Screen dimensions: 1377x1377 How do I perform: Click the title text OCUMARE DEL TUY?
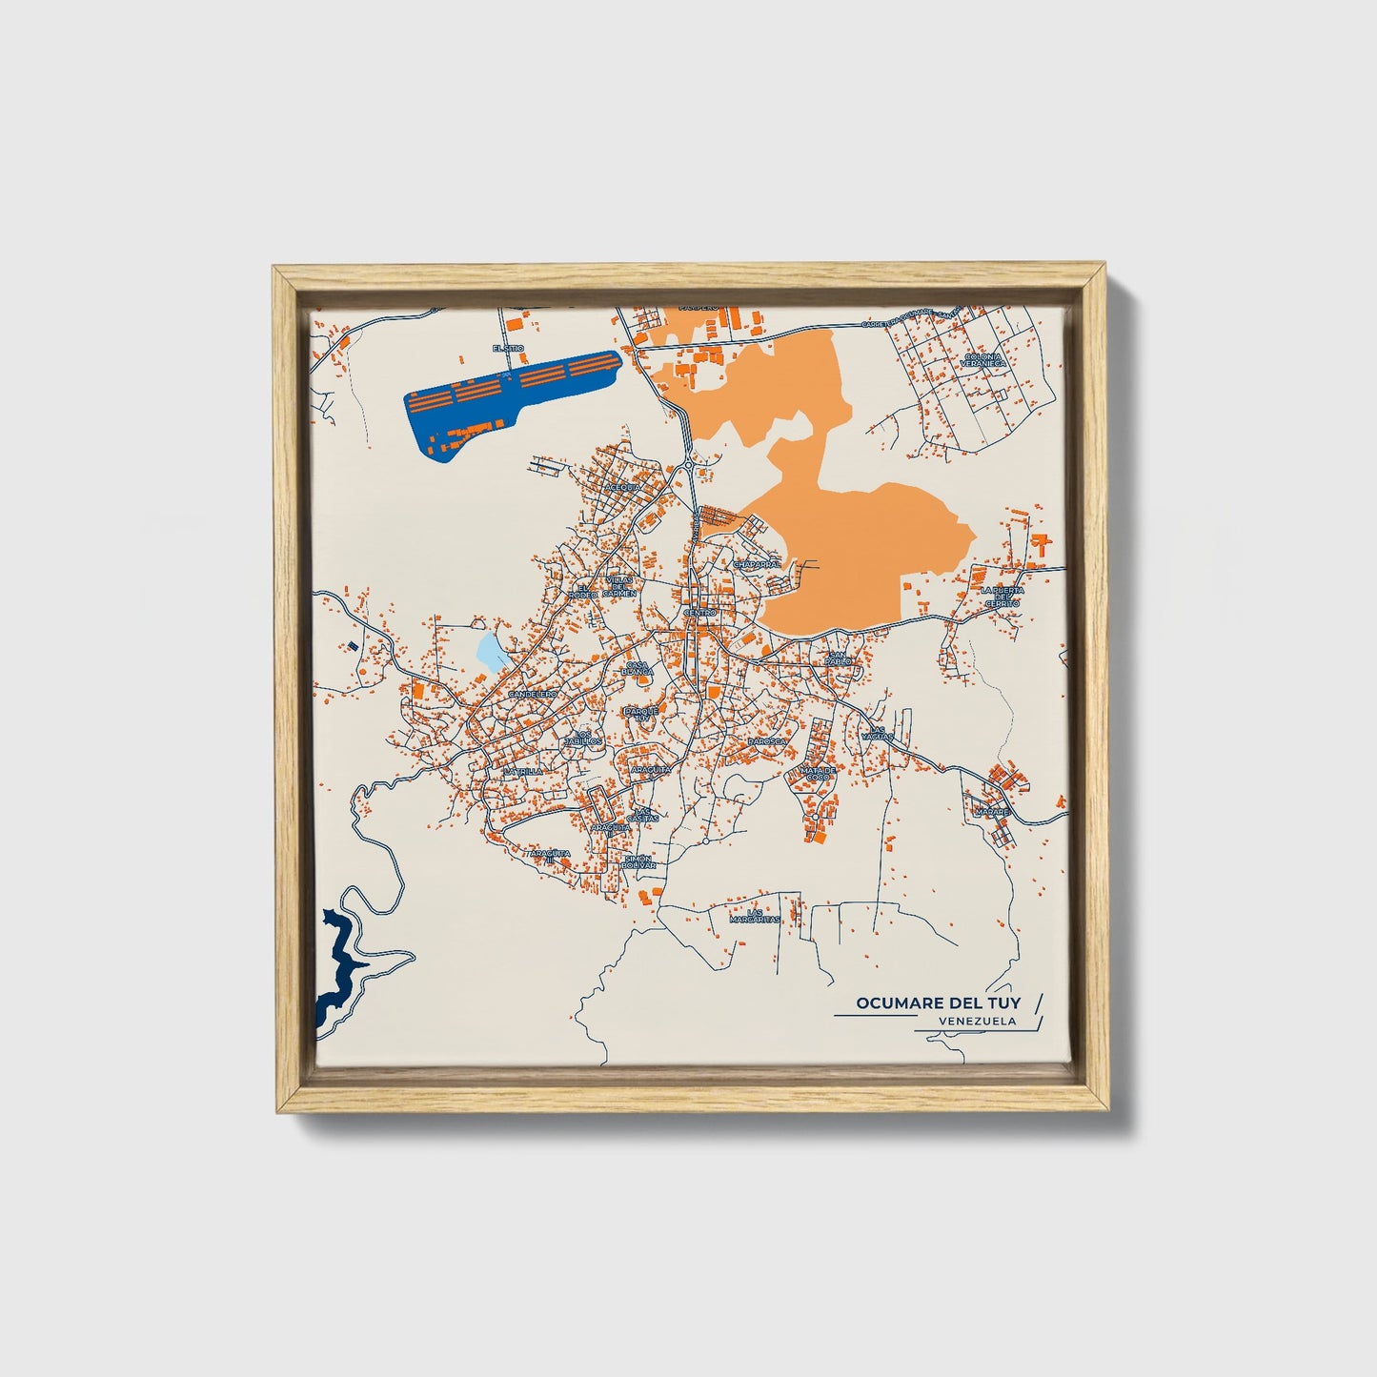point(937,1002)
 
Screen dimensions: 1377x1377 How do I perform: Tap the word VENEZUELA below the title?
point(976,1021)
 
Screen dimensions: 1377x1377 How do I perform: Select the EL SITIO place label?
point(508,349)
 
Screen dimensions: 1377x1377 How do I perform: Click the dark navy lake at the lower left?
point(335,972)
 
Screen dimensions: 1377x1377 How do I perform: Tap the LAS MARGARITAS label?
point(755,916)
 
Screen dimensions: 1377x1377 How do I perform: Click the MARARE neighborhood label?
point(991,812)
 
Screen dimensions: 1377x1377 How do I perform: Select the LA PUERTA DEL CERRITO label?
point(1002,597)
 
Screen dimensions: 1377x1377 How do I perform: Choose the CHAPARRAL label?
point(757,564)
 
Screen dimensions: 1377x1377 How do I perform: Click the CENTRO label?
point(699,612)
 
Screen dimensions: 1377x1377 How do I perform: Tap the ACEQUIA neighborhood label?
point(623,486)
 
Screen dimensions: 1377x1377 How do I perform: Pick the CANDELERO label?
point(532,695)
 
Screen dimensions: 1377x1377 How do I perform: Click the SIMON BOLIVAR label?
point(638,861)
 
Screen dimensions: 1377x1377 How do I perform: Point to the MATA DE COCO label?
point(818,773)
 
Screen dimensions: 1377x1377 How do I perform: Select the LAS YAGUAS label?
point(877,734)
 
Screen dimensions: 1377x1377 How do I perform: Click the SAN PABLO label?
point(839,658)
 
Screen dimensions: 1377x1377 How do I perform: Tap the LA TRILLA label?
point(523,770)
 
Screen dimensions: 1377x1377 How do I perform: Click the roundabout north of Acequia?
point(687,468)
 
